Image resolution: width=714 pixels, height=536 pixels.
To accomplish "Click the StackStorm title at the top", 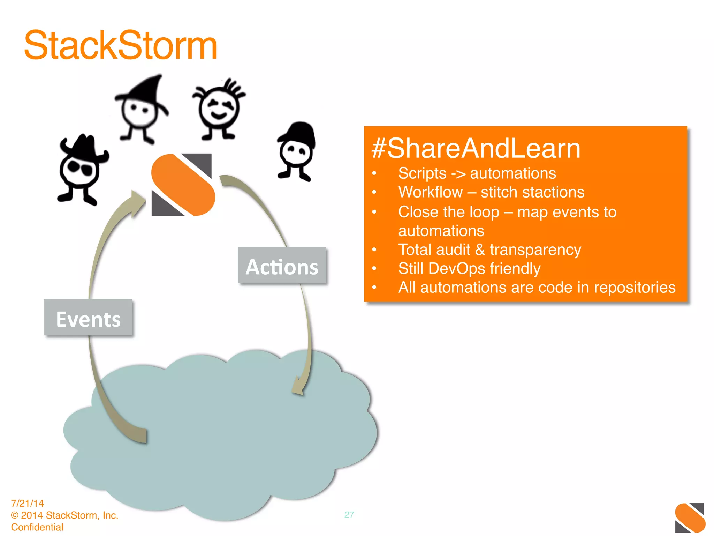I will click(121, 45).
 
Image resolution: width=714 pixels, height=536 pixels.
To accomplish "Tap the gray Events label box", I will click(88, 318).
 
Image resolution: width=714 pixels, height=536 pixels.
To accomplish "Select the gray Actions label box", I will click(282, 266).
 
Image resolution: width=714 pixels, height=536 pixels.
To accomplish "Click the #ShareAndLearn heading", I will click(476, 148).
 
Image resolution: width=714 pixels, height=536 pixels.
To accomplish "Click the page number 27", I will click(349, 515).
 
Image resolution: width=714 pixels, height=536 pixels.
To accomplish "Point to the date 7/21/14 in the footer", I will click(28, 503).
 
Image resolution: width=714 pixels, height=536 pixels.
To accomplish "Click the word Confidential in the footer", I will click(37, 527).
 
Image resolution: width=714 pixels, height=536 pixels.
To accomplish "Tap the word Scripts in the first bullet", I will click(422, 173).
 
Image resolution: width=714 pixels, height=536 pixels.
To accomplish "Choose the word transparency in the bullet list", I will click(535, 250).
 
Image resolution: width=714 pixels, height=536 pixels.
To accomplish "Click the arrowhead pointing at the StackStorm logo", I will click(138, 202).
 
